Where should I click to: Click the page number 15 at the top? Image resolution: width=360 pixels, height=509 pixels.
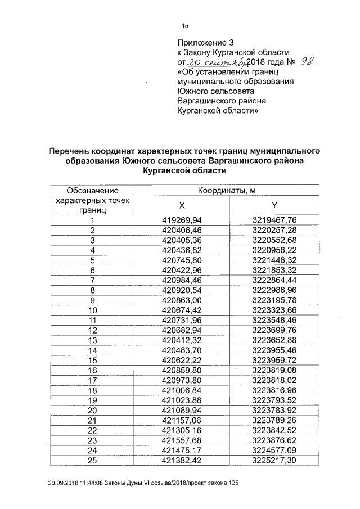pos(184,26)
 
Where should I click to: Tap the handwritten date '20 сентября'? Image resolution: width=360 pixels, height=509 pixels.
pos(208,62)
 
